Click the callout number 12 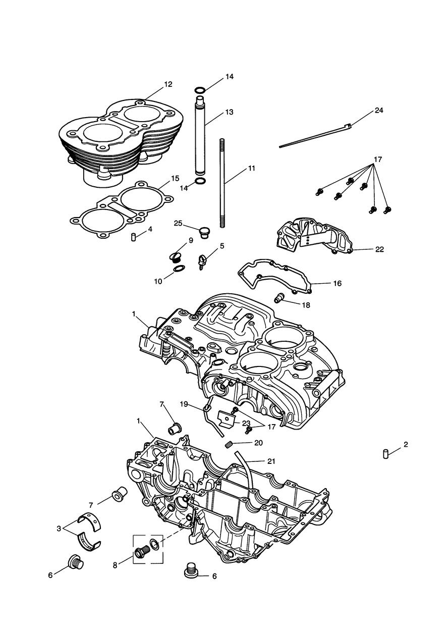pos(168,84)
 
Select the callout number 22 pos(379,249)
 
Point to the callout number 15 pos(175,178)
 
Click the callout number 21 pos(271,461)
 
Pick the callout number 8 pos(115,565)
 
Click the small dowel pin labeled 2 pos(384,453)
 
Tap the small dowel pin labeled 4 pos(134,237)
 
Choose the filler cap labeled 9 pos(176,258)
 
